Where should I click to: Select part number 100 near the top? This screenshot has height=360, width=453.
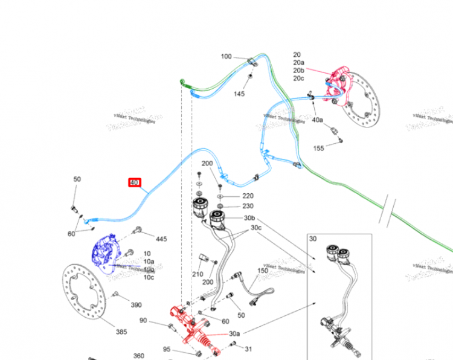(x=226, y=57)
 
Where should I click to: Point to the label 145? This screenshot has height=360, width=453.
(x=239, y=94)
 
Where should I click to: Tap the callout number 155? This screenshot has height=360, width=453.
(x=319, y=149)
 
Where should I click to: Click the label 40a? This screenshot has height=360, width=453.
(x=318, y=120)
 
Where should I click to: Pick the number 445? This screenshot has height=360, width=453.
(x=161, y=239)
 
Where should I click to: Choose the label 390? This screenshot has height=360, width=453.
(x=137, y=305)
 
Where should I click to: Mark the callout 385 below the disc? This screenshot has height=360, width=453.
(x=122, y=332)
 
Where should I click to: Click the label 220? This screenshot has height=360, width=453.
(x=248, y=196)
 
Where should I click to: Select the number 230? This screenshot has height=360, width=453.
(x=248, y=207)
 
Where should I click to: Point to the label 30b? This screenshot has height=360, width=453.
(x=249, y=218)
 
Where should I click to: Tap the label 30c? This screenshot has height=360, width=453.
(x=256, y=228)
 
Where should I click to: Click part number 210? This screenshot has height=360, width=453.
(x=198, y=274)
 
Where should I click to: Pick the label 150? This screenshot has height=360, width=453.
(x=262, y=271)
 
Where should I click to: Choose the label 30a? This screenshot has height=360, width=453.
(x=234, y=333)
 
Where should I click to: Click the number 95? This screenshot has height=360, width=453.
(x=167, y=349)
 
